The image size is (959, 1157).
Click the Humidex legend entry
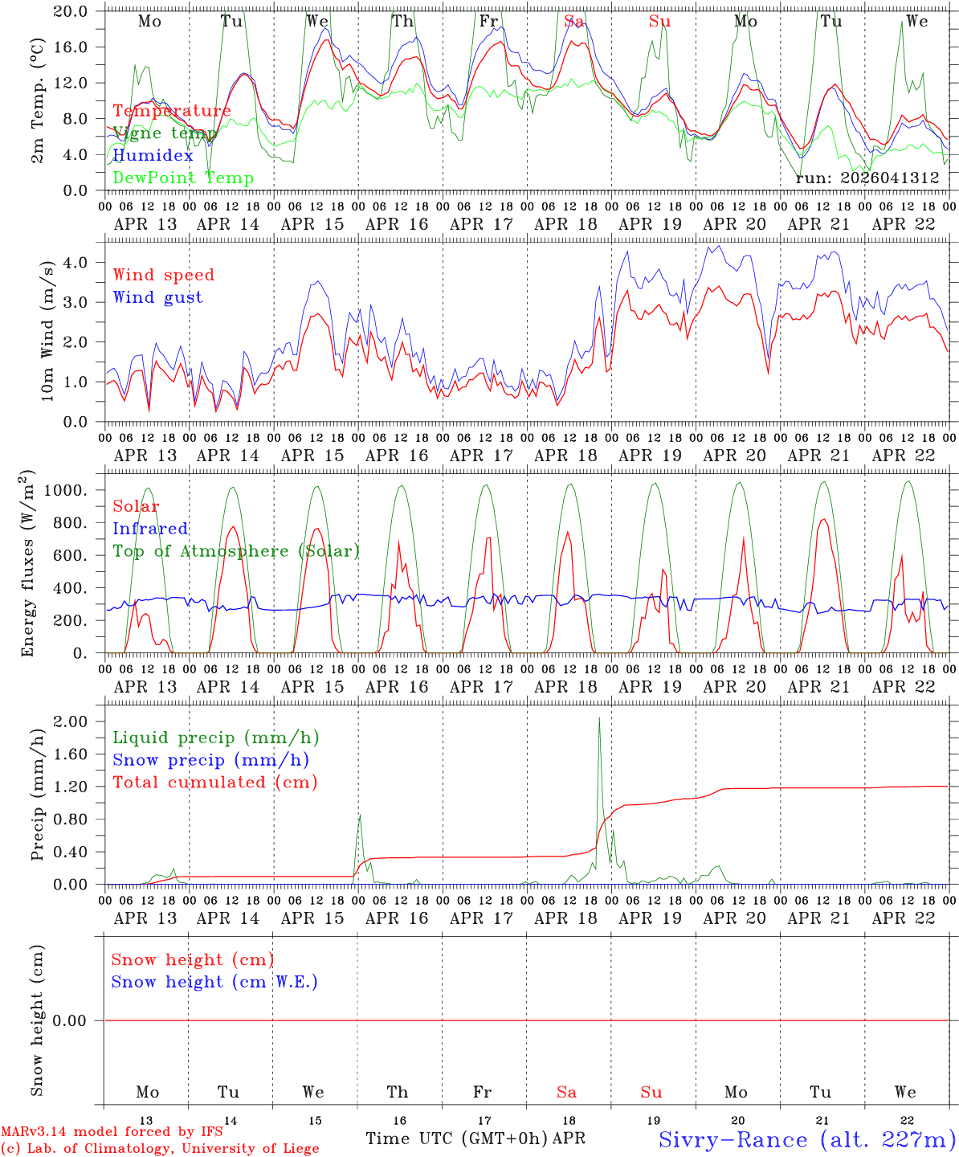tap(153, 156)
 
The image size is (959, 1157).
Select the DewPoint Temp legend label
tap(183, 178)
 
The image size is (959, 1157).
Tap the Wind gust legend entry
tap(157, 297)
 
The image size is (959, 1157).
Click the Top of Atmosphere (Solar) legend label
tap(235, 551)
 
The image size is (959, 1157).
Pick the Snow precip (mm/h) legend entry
tap(210, 760)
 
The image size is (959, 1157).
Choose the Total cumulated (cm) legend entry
tap(214, 783)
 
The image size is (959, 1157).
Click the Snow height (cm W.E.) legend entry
tap(214, 982)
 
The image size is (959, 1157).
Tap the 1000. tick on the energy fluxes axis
tap(67, 491)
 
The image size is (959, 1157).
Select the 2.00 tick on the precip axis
tap(70, 722)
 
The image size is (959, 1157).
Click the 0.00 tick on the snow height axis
tap(70, 1020)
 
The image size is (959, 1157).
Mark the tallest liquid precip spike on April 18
tap(599, 718)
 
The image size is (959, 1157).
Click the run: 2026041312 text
tap(867, 178)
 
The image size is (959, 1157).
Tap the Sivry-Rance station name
tap(806, 1139)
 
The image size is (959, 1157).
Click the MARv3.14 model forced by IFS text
tap(112, 1131)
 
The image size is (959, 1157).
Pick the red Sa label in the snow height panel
tap(566, 1092)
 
